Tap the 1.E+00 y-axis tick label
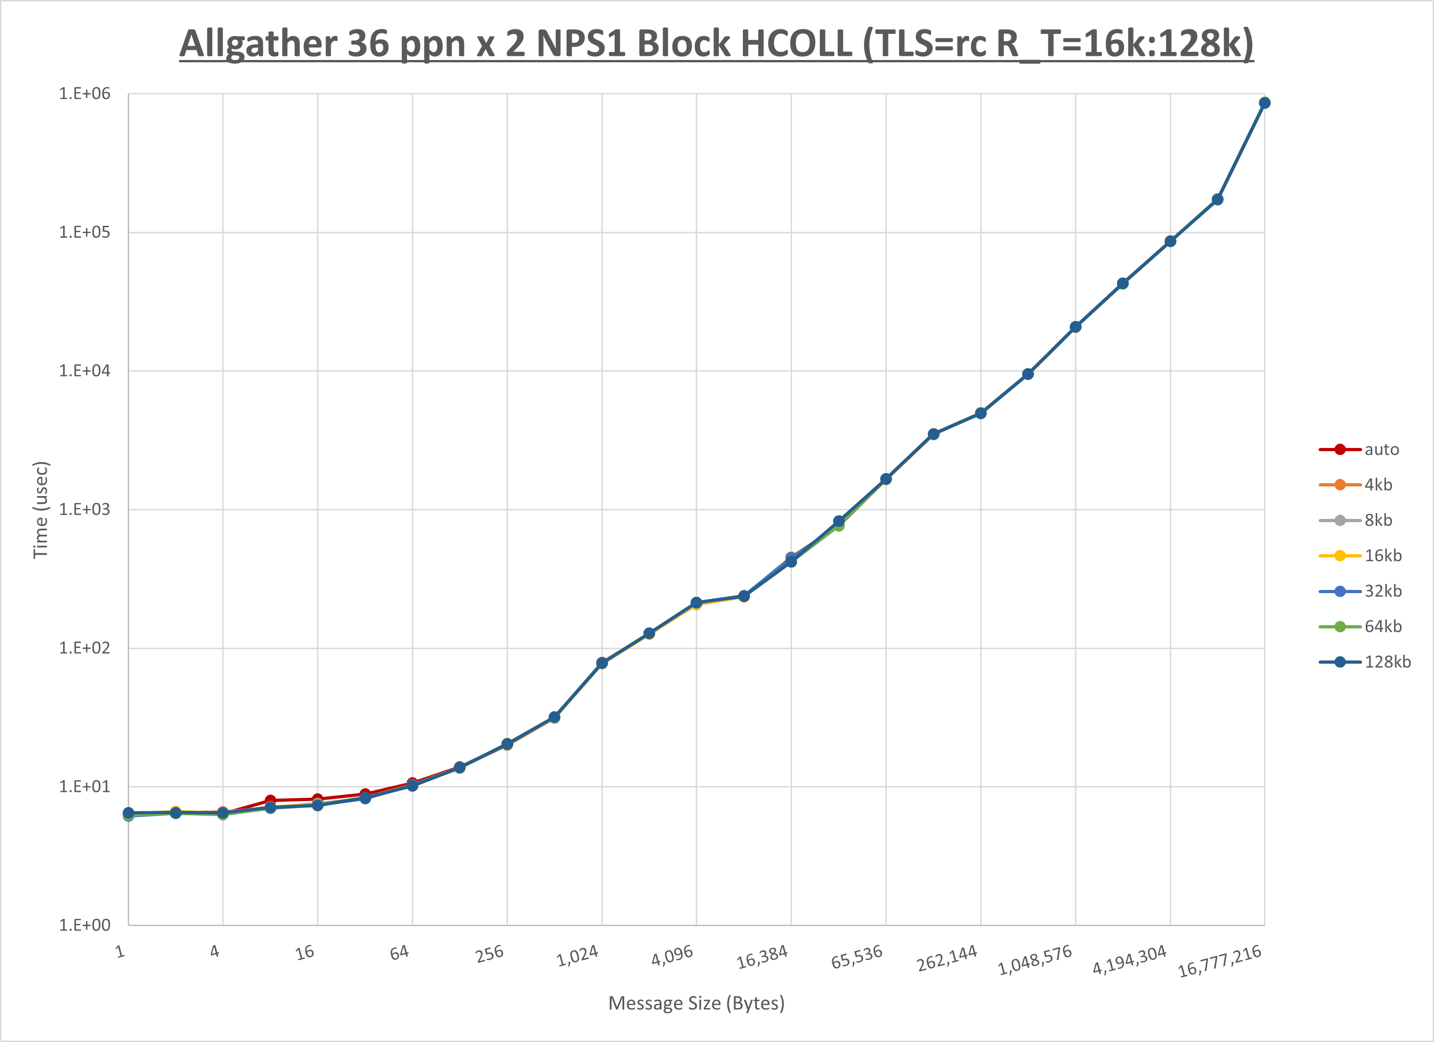coord(84,925)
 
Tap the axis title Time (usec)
coord(40,510)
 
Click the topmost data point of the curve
coord(1265,103)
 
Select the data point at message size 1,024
coord(602,663)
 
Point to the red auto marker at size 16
coord(317,799)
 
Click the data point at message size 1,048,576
coord(1075,327)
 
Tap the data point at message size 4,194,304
coord(1170,241)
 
